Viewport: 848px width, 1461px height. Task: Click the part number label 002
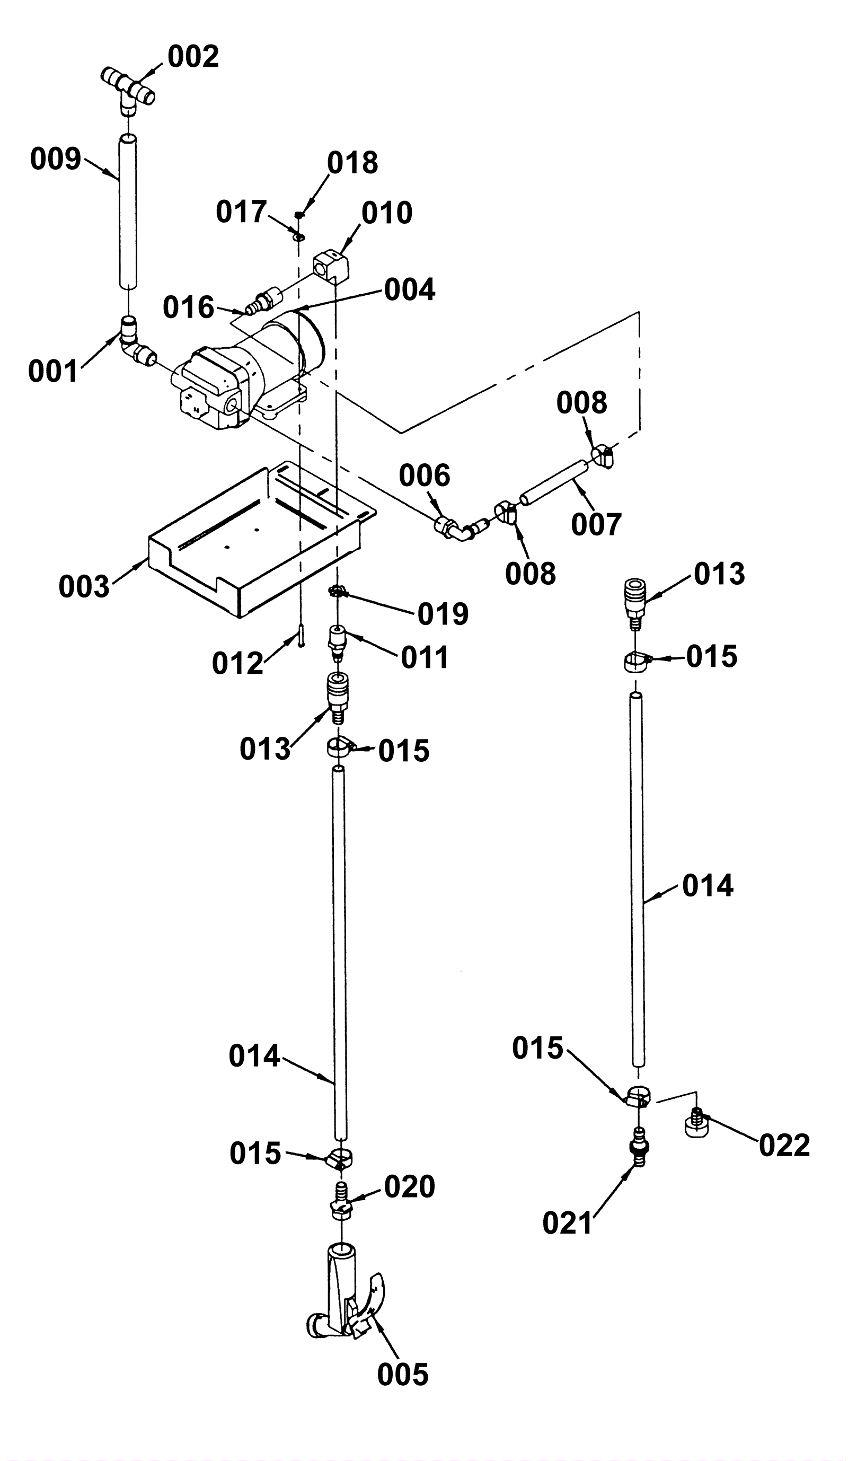click(193, 57)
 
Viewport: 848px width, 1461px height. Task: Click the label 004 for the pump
click(409, 290)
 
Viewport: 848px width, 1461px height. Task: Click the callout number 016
click(188, 307)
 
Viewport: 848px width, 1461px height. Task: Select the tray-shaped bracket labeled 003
click(262, 539)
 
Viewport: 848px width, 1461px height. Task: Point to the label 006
click(425, 476)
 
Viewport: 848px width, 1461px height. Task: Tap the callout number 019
click(443, 614)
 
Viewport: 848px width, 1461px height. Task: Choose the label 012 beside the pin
click(237, 663)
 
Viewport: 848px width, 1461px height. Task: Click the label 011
click(425, 658)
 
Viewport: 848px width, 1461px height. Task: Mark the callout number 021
click(568, 1224)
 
